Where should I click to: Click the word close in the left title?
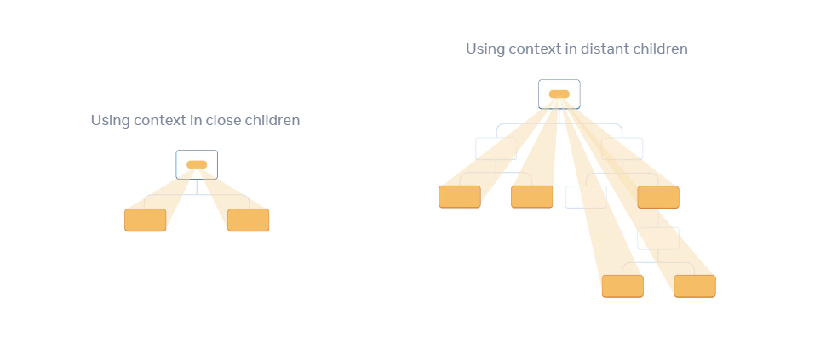tap(223, 121)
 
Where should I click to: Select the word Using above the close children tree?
tap(110, 121)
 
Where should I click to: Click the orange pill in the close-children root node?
tap(197, 165)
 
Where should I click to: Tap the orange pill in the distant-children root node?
tap(559, 94)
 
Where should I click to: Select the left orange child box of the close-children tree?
tap(146, 220)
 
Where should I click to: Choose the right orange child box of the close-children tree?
tap(248, 220)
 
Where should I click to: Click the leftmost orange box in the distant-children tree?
tap(460, 197)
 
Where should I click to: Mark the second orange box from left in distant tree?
tap(532, 197)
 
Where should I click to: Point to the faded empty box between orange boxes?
tap(587, 197)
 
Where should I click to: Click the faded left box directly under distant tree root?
tap(496, 148)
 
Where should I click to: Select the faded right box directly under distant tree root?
tap(622, 148)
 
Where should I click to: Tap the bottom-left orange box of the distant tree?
tap(622, 286)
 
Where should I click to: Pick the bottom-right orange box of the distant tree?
tap(695, 286)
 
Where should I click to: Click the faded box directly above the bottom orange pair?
tap(658, 238)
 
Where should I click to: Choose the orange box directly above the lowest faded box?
tap(658, 197)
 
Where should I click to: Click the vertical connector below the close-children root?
tap(197, 187)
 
